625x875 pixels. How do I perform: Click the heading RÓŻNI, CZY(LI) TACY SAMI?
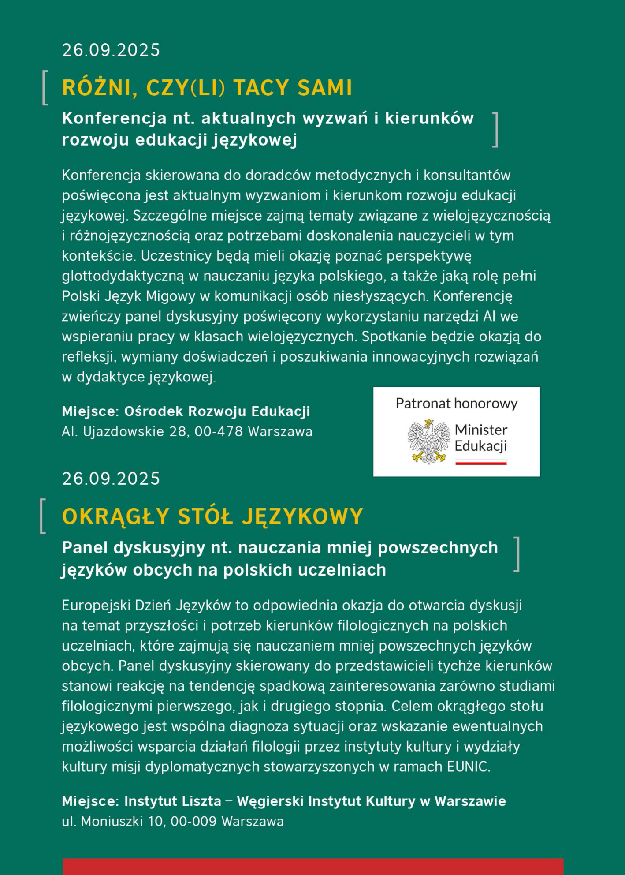207,88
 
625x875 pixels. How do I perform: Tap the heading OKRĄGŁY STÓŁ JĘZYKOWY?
212,516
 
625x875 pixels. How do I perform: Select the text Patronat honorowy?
457,404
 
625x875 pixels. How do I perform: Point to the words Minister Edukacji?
481,438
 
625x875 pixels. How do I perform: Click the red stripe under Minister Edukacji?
481,463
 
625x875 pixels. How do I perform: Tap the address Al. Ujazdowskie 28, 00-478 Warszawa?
187,431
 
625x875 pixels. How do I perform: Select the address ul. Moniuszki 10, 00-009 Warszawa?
173,821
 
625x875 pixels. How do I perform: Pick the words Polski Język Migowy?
128,296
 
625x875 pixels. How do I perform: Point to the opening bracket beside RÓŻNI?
45,88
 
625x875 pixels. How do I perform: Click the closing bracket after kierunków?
495,129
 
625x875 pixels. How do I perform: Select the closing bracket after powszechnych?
517,554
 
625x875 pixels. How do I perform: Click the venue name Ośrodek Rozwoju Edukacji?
217,411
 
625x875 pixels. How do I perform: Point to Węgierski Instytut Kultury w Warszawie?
371,801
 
